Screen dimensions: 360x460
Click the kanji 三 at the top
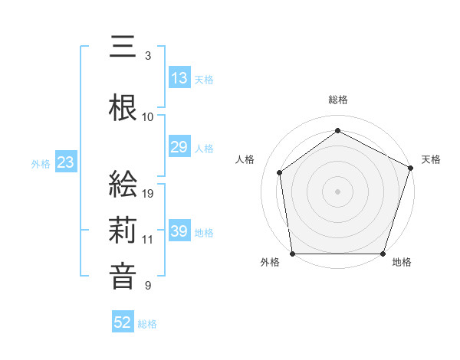pos(123,47)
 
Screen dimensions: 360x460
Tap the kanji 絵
pos(123,185)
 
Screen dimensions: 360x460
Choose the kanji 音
pos(123,277)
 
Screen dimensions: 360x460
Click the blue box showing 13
pos(179,79)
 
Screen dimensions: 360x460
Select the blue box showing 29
pos(179,148)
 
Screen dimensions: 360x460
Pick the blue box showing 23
pos(65,162)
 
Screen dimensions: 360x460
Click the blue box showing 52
pos(123,323)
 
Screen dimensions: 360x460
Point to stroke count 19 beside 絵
pos(149,194)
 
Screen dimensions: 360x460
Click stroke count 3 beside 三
pos(148,56)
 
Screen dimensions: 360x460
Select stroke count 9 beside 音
pos(148,286)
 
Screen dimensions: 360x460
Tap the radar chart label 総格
pos(337,100)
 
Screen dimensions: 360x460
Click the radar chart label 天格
pos(431,159)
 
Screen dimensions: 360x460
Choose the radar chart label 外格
pos(270,263)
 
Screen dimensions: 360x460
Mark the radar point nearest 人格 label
pos(280,172)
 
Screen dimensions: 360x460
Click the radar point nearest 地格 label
pos(383,254)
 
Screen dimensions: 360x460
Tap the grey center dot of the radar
pos(337,191)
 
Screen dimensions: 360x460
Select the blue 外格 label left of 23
pos(41,163)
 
